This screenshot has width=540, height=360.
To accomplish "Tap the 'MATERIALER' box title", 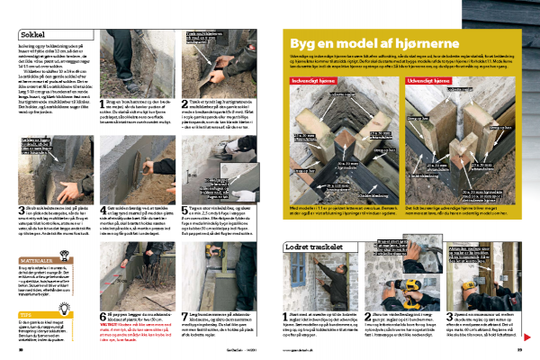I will coord(34,237).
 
